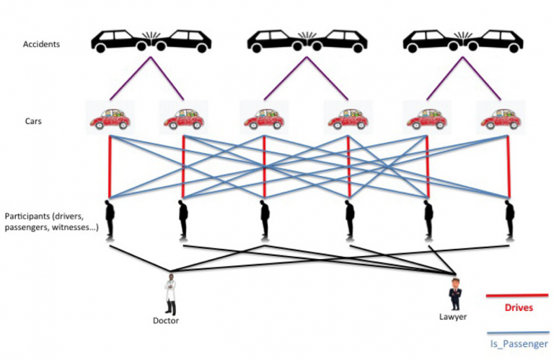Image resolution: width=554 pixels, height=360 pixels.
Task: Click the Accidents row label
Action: coord(41,44)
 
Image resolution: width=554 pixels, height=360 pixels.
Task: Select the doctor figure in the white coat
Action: coord(170,294)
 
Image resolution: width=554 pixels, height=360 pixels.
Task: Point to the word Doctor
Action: coord(166,320)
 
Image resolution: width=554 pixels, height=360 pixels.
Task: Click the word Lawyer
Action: coord(453,317)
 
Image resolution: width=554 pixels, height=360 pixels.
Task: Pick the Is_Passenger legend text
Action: coord(517,344)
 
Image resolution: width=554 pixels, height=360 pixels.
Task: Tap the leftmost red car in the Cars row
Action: coord(109,118)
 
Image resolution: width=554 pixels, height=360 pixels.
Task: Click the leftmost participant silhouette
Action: coord(110,219)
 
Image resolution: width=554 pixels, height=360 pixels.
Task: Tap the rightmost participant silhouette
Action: coord(509,219)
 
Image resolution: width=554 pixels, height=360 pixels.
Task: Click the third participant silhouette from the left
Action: coord(265,219)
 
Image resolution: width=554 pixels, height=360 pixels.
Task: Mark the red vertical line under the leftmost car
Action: coord(110,166)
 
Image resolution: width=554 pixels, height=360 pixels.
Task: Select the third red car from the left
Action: coord(265,118)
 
